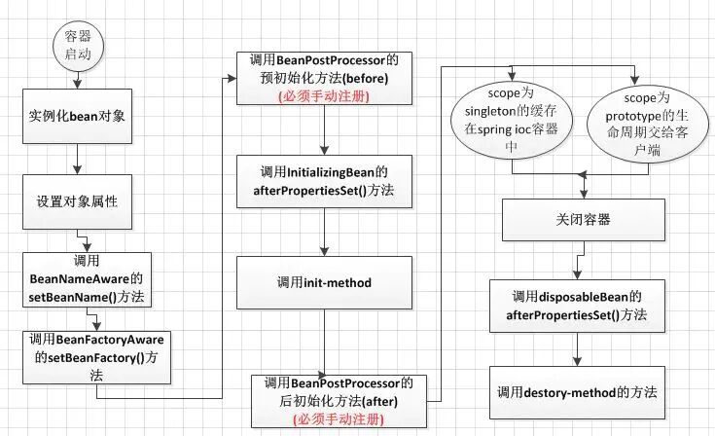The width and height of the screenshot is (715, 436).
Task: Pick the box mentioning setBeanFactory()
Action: pyautogui.click(x=96, y=348)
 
